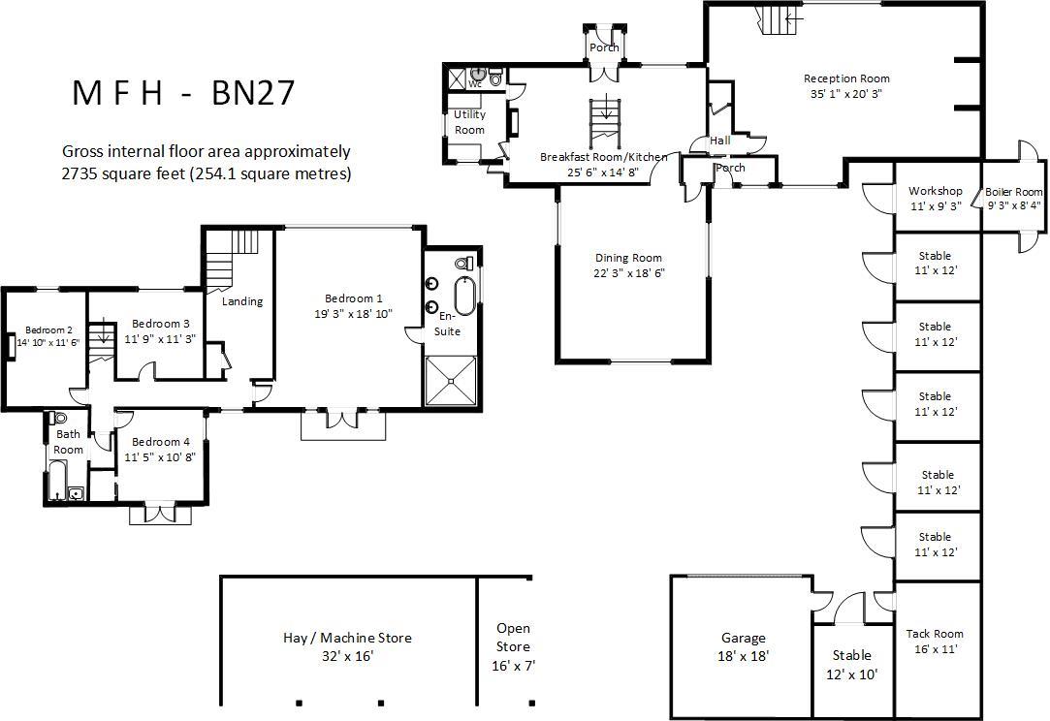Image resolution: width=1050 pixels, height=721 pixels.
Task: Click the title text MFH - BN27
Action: coord(183,93)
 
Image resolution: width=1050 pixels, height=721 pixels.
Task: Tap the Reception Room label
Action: coord(846,78)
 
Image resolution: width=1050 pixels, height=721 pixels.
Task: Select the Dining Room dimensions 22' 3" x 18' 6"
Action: coord(629,273)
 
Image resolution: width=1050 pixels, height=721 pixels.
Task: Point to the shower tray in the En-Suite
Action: coord(452,381)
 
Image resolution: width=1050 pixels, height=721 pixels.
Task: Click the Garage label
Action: coord(744,639)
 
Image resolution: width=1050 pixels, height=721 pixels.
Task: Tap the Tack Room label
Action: coord(935,634)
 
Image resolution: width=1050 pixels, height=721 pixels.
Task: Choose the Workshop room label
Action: coord(936,191)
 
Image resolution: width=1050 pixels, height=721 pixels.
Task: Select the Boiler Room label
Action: coord(1014,192)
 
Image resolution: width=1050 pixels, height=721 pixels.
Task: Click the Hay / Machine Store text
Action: coord(347,638)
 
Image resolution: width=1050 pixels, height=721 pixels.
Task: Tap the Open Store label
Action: coord(514,638)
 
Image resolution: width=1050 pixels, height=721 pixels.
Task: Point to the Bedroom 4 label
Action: coord(161,442)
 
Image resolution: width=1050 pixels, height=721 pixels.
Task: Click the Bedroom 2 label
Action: coord(48,329)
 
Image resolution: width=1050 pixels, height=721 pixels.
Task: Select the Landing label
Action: coord(242,301)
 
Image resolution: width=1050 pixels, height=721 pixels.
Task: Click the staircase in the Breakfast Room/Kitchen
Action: coord(606,122)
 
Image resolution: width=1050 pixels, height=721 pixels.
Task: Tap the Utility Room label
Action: coord(469,122)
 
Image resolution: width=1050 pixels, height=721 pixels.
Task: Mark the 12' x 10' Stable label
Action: coord(852,665)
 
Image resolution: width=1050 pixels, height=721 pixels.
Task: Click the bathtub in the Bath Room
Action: coord(58,480)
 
